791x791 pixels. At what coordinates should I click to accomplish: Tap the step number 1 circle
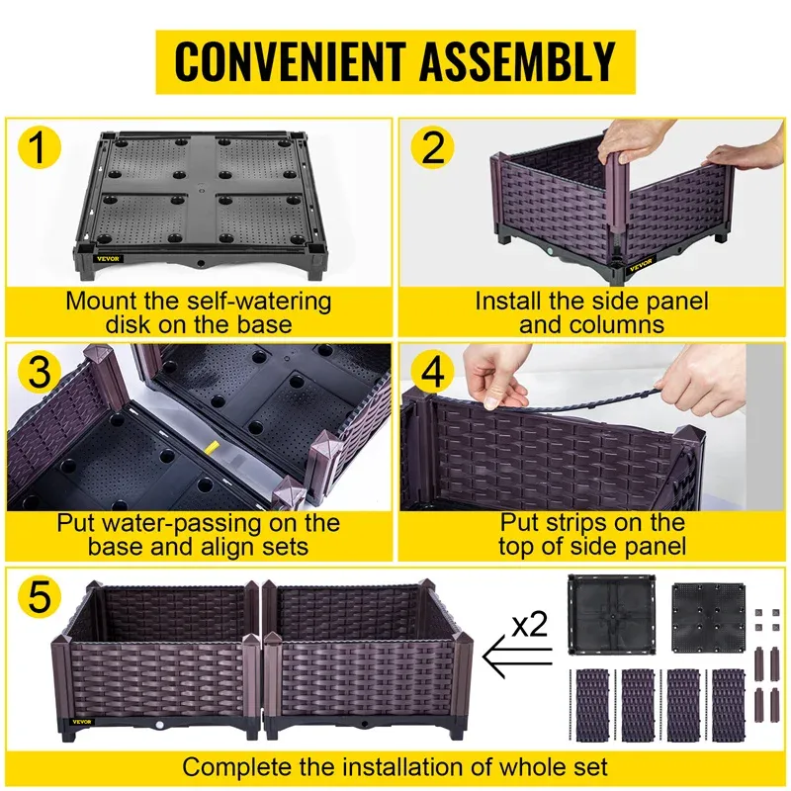(x=36, y=150)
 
